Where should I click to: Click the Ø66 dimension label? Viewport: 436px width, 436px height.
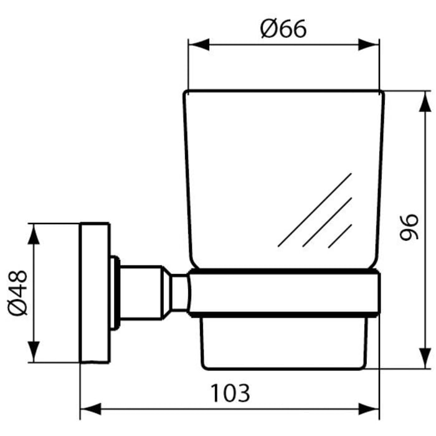pyautogui.click(x=284, y=29)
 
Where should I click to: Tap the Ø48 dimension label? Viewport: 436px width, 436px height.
pyautogui.click(x=18, y=292)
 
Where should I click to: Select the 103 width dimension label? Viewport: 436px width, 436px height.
pyautogui.click(x=229, y=392)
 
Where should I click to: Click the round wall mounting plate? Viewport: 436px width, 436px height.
pyautogui.click(x=95, y=292)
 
